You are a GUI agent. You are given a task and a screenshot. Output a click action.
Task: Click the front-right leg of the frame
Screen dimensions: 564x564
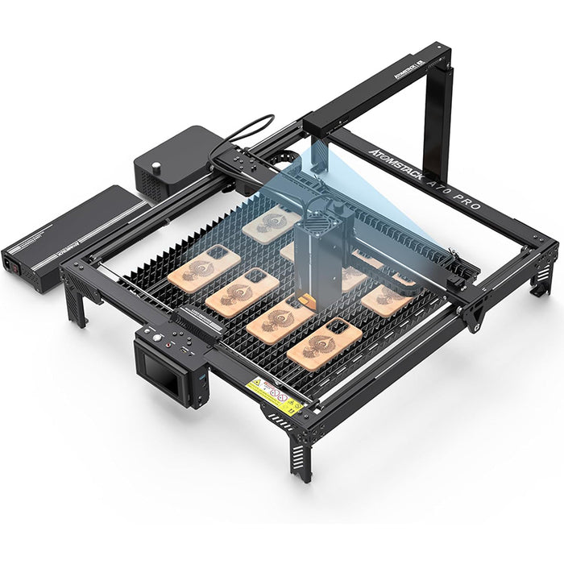[302, 451]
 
